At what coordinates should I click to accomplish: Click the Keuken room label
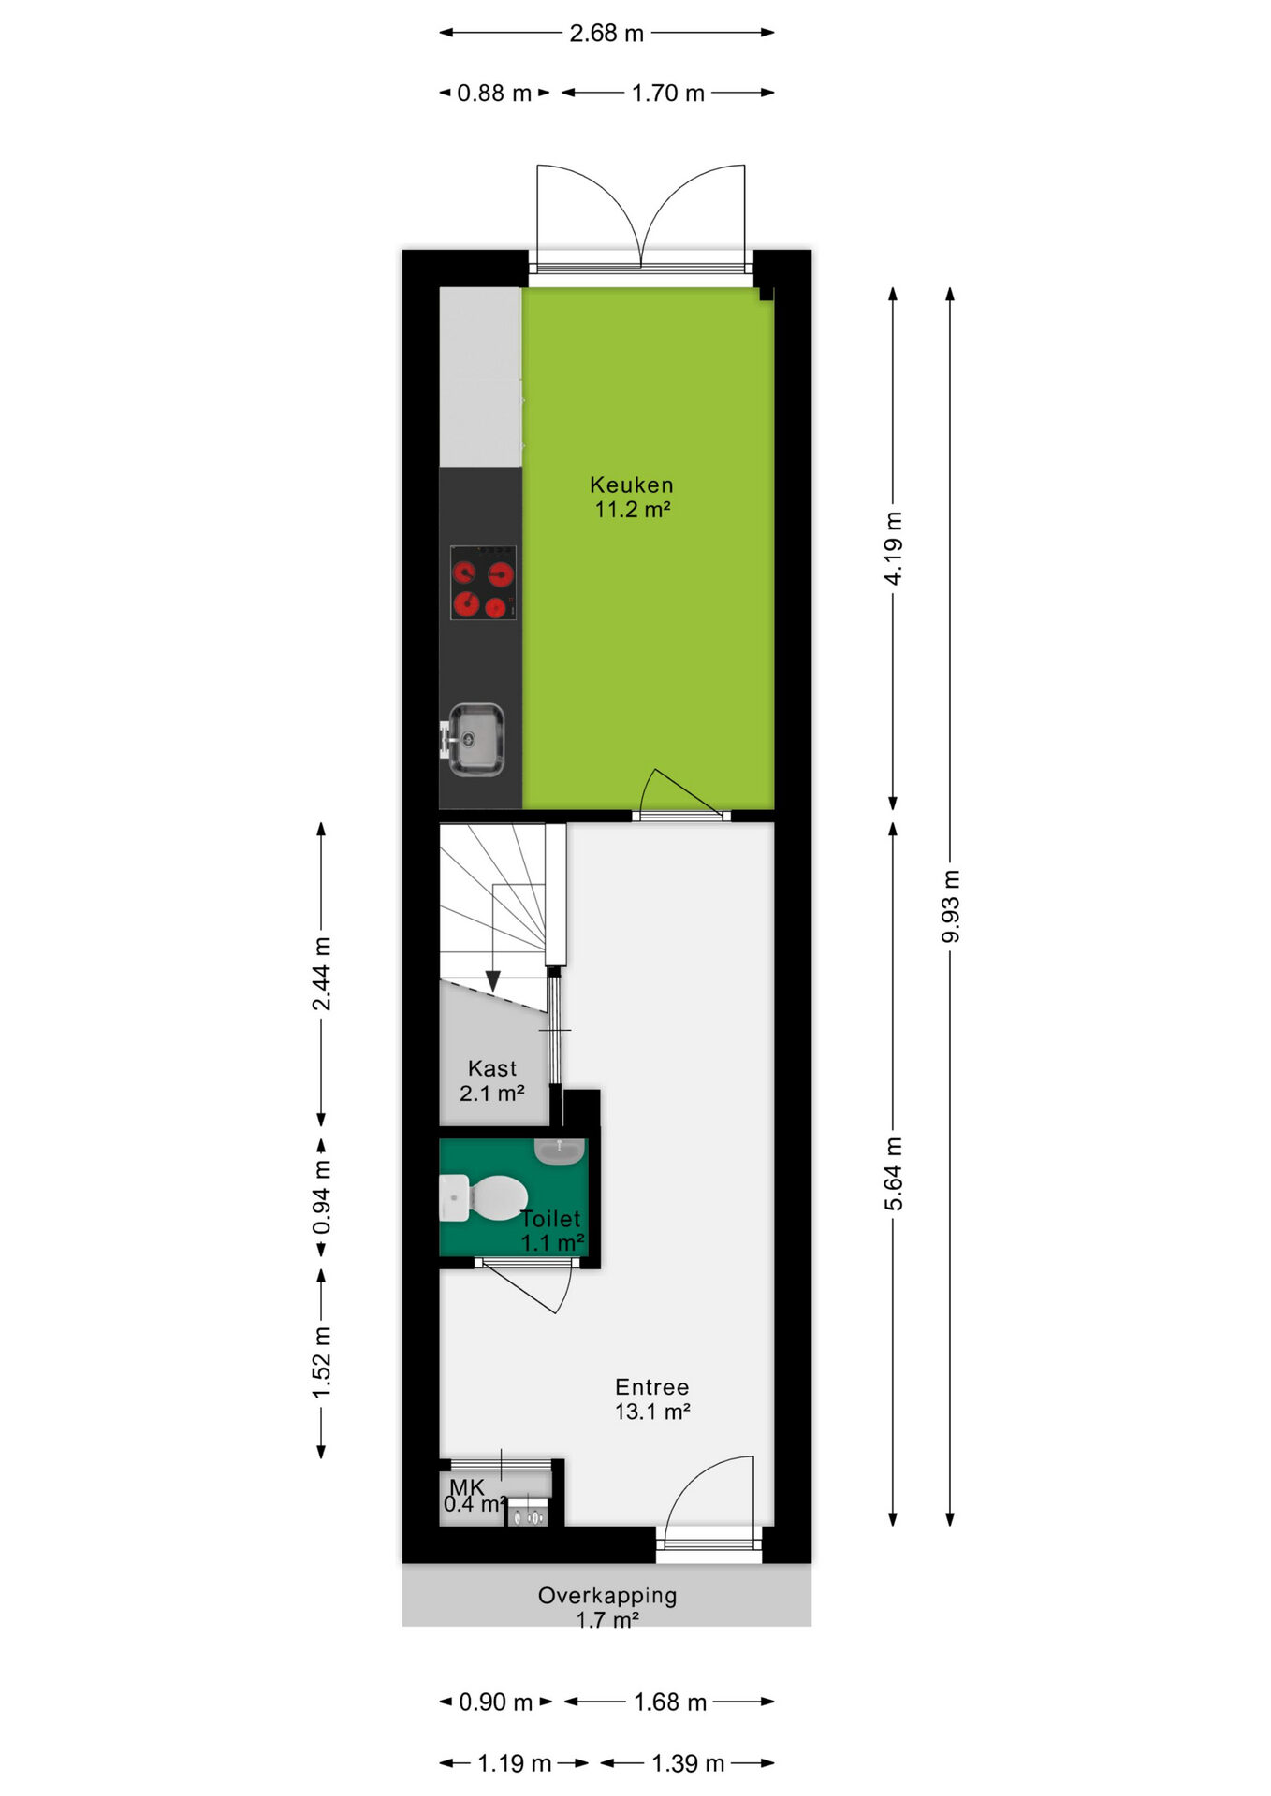(x=632, y=485)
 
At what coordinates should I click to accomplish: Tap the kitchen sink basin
(x=475, y=739)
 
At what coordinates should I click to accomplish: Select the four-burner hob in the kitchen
(x=483, y=583)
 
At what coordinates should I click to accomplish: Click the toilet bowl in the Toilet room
(x=496, y=1197)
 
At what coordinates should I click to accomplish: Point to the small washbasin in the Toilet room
(x=560, y=1151)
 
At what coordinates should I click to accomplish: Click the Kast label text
(x=492, y=1068)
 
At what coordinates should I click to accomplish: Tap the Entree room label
(x=652, y=1387)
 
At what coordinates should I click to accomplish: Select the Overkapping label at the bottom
(x=607, y=1596)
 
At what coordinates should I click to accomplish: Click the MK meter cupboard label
(x=467, y=1486)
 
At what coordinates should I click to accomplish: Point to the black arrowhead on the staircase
(x=492, y=981)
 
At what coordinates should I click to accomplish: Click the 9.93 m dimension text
(x=951, y=906)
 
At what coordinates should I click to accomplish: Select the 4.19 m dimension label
(x=894, y=548)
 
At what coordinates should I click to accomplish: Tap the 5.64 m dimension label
(x=894, y=1174)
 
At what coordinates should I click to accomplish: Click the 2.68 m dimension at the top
(x=606, y=34)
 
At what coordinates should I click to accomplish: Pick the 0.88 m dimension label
(x=494, y=94)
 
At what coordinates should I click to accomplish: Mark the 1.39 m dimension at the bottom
(x=688, y=1764)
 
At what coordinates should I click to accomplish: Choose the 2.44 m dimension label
(x=321, y=974)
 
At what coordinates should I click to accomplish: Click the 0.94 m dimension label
(x=321, y=1197)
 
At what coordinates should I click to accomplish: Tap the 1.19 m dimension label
(x=515, y=1764)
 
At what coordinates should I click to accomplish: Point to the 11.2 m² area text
(x=633, y=510)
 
